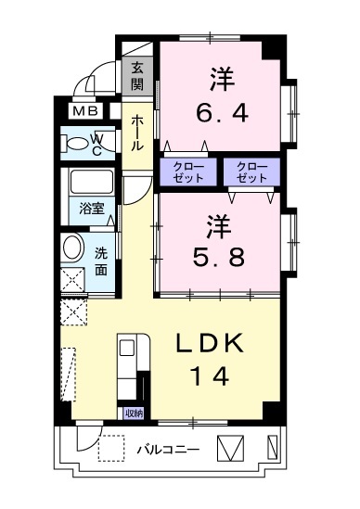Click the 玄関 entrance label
[137, 76]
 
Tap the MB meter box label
[85, 111]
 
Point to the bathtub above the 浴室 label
[92, 182]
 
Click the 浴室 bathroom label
[92, 209]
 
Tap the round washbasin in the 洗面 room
[71, 248]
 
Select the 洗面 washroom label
[101, 261]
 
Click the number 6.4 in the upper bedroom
[223, 113]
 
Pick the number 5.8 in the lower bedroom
[218, 258]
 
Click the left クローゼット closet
[188, 172]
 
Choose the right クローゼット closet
[251, 172]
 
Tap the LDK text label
[210, 343]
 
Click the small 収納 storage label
[134, 414]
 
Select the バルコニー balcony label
[167, 450]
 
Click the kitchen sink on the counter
[127, 349]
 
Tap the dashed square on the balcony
[111, 449]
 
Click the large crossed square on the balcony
[230, 448]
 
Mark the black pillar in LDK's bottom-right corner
[272, 411]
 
